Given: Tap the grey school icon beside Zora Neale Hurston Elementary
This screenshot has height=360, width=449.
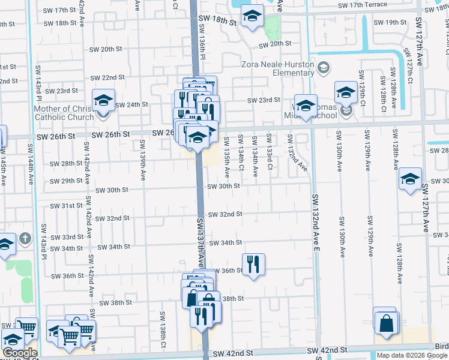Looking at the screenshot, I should (324, 66).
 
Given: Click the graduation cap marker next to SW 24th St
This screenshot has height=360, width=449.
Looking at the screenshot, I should (103, 100).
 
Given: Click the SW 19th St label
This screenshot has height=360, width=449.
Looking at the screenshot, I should (390, 22).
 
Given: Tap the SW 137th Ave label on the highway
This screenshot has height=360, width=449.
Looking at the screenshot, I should (201, 243).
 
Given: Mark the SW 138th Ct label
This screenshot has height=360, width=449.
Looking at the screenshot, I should (163, 329).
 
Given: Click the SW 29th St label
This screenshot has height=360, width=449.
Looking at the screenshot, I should (66, 181).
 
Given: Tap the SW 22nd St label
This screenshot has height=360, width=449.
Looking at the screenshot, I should (107, 77).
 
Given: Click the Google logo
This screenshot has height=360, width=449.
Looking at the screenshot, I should (19, 353).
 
